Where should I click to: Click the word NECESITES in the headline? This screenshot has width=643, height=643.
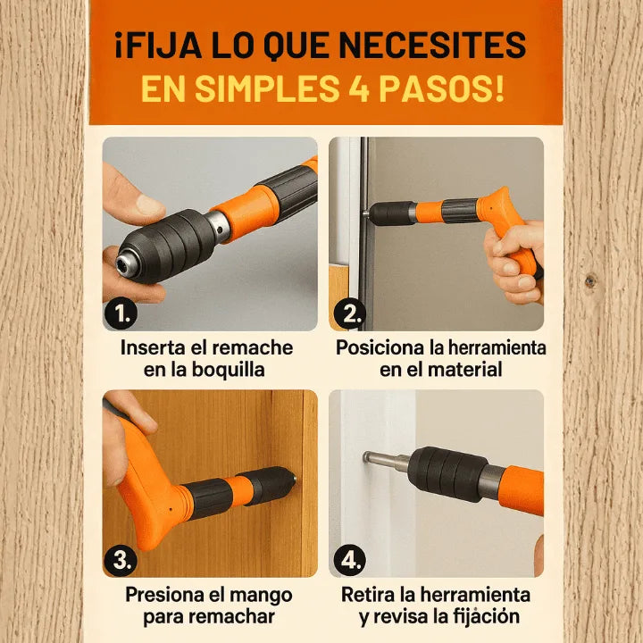click(x=432, y=45)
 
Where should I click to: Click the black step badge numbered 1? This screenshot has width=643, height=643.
click(x=121, y=313)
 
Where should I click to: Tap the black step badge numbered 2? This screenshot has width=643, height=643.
click(x=349, y=313)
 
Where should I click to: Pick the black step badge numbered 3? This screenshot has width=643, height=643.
click(x=121, y=560)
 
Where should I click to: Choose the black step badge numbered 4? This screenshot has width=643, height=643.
click(x=349, y=560)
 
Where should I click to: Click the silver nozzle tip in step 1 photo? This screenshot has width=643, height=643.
click(x=126, y=261)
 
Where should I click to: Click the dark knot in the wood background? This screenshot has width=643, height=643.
click(x=590, y=281)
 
